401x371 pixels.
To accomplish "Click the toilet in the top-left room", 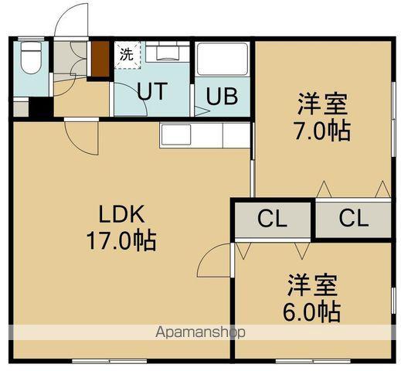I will [x=31, y=58].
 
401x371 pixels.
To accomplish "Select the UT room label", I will [x=152, y=91].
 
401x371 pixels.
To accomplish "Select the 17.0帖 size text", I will [x=121, y=240].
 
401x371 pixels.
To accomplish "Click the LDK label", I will [x=122, y=213].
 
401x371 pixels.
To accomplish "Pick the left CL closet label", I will [x=272, y=219].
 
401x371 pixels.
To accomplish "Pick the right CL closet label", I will [x=353, y=219].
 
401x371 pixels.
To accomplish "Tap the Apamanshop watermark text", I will [x=201, y=332].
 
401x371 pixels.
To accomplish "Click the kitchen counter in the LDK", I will [x=205, y=134].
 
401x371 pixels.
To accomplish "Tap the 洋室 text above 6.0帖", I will [x=312, y=284].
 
